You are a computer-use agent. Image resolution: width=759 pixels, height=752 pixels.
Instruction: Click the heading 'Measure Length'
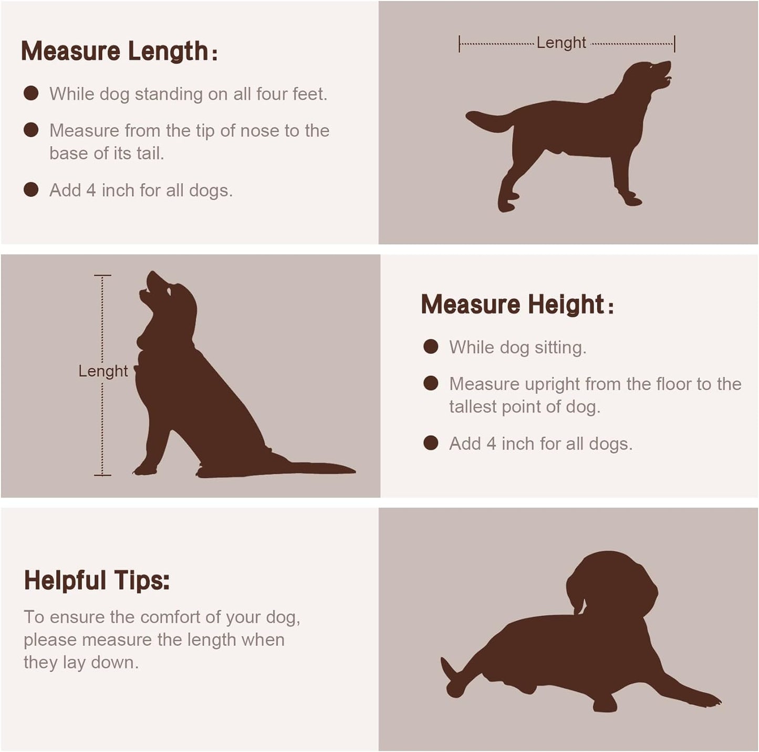point(119,51)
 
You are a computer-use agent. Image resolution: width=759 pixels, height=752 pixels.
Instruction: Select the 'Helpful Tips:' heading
point(97,581)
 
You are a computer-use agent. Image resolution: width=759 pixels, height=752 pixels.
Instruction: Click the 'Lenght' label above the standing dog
point(561,43)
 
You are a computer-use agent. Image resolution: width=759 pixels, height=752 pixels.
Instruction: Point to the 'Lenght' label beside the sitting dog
point(103,371)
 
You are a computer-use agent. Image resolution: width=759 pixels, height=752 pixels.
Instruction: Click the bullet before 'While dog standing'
point(30,93)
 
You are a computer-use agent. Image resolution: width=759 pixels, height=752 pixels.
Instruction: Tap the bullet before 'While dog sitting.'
point(431,347)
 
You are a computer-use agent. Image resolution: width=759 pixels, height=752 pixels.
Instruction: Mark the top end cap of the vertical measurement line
point(102,275)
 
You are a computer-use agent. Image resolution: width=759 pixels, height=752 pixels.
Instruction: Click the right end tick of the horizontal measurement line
point(675,44)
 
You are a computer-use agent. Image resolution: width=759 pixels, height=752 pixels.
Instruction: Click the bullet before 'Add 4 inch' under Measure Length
point(30,190)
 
